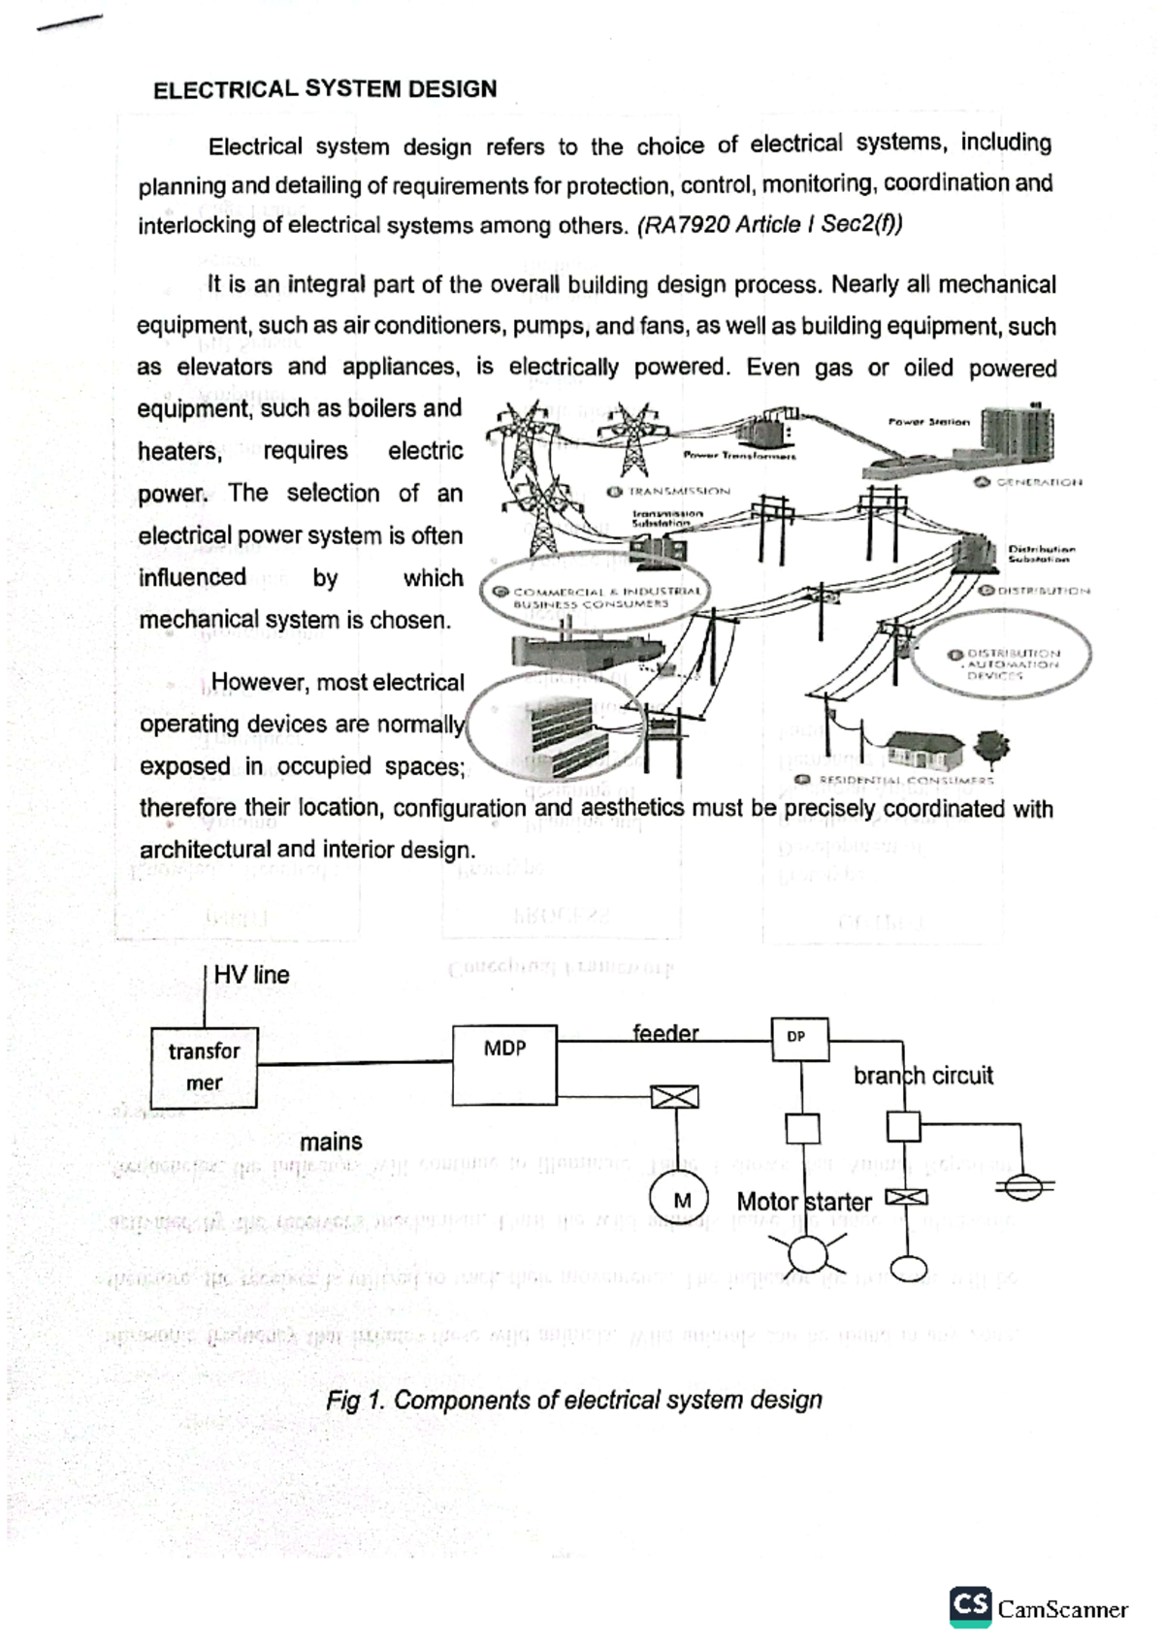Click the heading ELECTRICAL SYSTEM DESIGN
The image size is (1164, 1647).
click(325, 89)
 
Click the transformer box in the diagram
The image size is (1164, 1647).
click(204, 1067)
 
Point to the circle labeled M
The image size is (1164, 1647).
click(680, 1201)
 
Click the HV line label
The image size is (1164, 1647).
click(251, 975)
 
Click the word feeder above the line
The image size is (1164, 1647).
click(665, 1032)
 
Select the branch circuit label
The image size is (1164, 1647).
click(922, 1075)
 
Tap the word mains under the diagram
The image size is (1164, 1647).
click(331, 1142)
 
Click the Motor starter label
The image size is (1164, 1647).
click(804, 1202)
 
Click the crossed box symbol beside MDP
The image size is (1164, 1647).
click(675, 1097)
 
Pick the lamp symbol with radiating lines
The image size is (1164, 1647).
click(807, 1253)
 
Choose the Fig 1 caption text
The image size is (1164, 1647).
click(574, 1400)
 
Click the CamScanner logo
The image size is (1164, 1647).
click(1039, 1608)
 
